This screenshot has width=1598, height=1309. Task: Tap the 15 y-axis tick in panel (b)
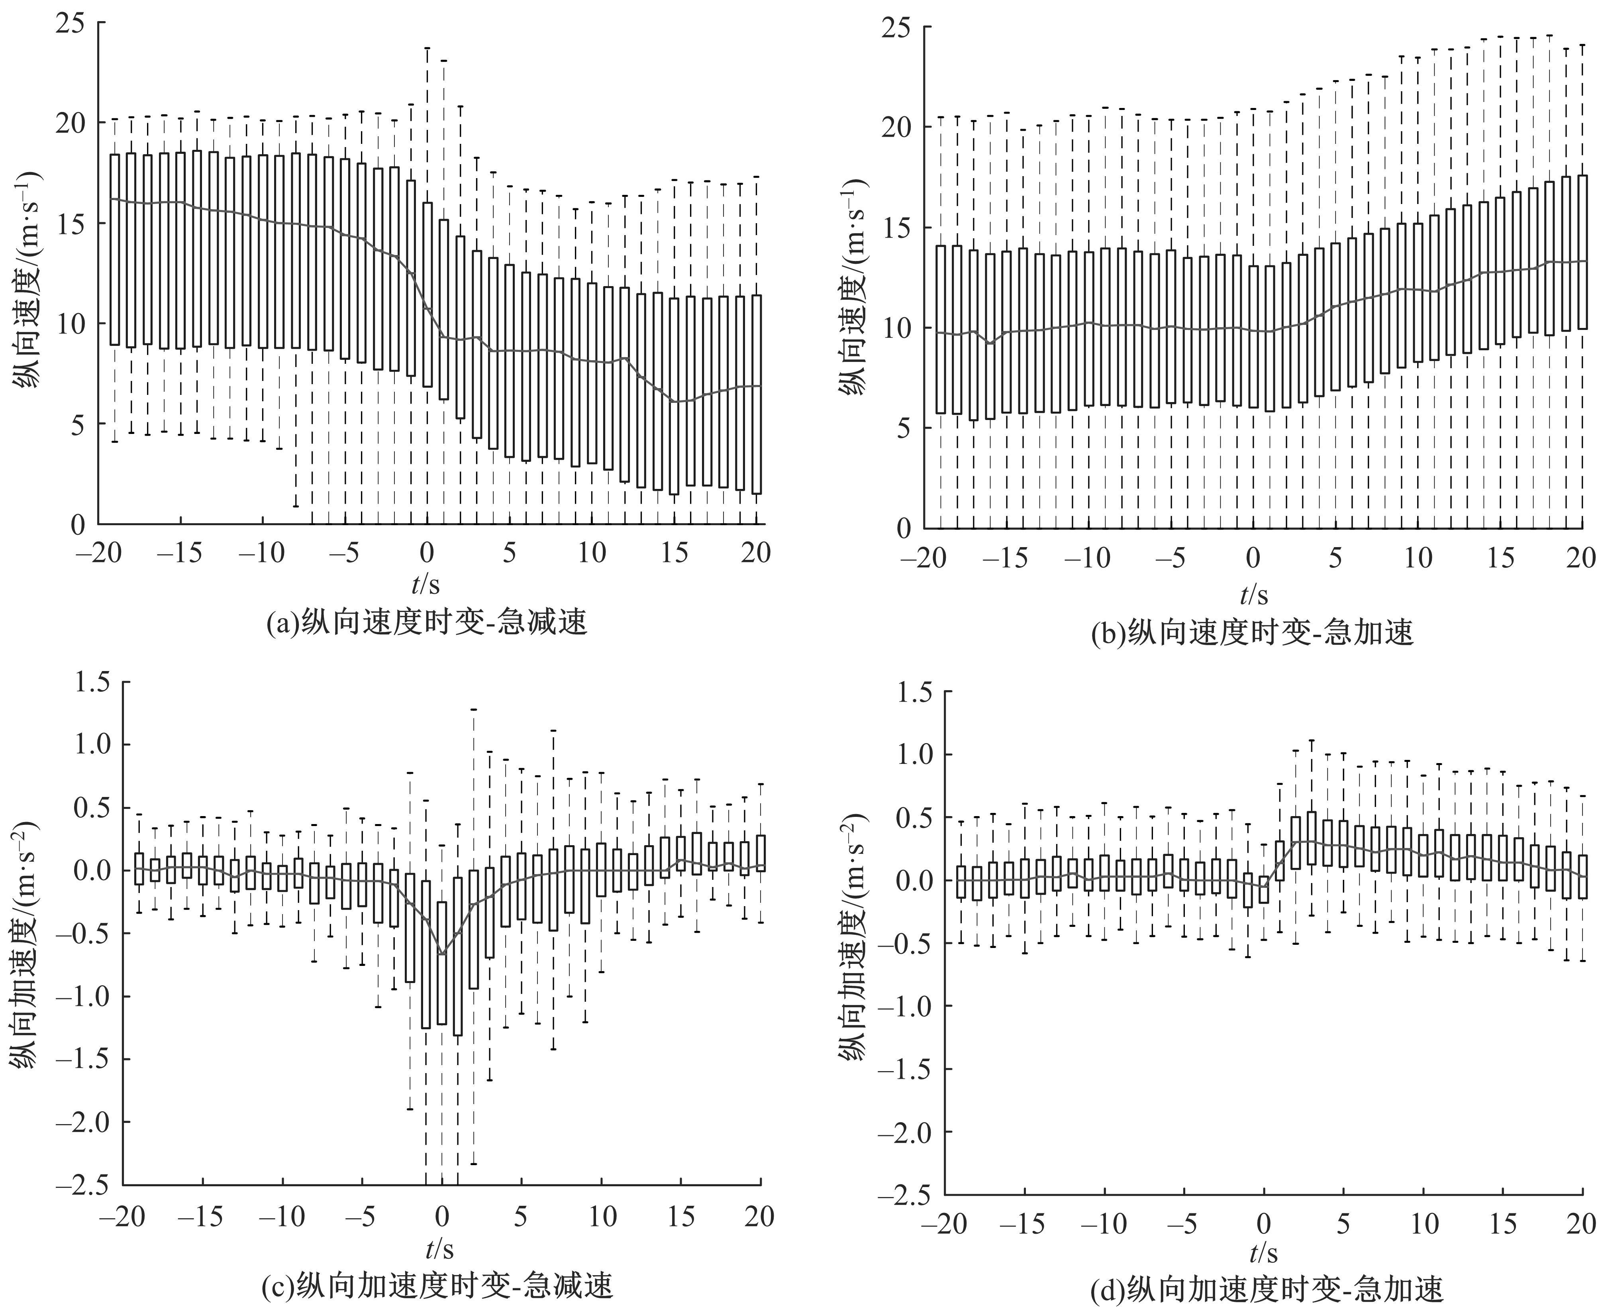[x=897, y=228]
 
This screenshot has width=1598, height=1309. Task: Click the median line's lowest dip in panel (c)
[x=442, y=955]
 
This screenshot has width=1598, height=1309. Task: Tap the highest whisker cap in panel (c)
[x=473, y=710]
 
